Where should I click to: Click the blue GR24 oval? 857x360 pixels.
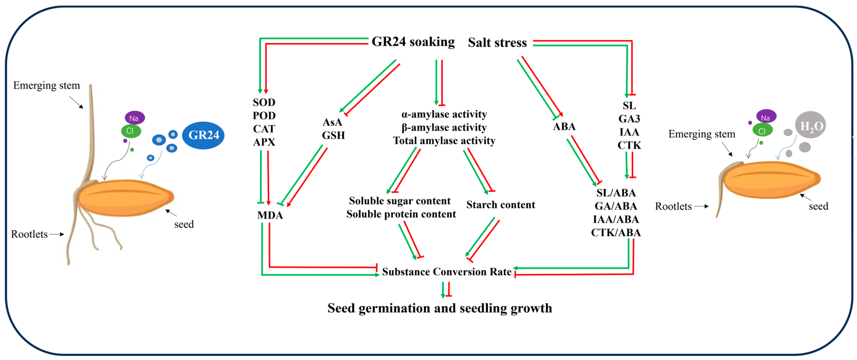(203, 135)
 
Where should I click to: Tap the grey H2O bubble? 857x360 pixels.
(811, 125)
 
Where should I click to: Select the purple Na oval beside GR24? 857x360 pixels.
(134, 118)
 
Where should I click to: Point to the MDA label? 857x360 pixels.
(270, 215)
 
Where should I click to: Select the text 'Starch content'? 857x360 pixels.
(500, 205)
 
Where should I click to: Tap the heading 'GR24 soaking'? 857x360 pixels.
(413, 42)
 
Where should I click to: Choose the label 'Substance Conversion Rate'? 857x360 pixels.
(446, 272)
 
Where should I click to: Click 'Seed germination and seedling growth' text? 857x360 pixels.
(440, 308)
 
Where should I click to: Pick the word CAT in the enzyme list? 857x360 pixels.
(264, 129)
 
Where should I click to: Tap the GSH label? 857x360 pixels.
(333, 135)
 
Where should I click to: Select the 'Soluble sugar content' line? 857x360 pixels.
(400, 201)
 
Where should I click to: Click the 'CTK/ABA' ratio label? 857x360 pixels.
(616, 233)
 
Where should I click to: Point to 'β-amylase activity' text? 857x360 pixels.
(444, 127)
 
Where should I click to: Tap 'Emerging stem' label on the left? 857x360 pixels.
(46, 85)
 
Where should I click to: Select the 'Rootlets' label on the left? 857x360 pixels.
(29, 234)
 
